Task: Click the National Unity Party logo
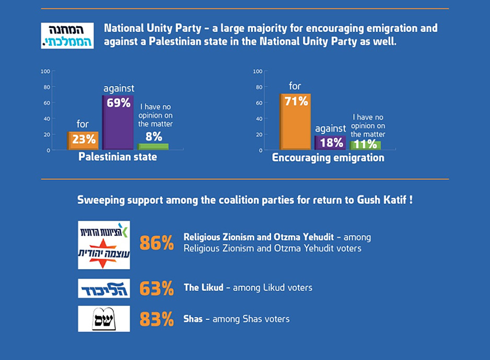(x=67, y=36)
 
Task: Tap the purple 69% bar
(x=118, y=122)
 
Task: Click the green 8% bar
(x=153, y=146)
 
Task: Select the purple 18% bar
(x=330, y=143)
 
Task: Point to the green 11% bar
(x=366, y=145)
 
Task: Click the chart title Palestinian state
(x=118, y=157)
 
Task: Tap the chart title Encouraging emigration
(x=328, y=158)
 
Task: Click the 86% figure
(x=157, y=243)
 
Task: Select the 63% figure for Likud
(x=157, y=288)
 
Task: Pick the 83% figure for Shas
(x=157, y=319)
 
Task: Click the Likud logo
(x=104, y=288)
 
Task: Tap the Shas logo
(x=104, y=319)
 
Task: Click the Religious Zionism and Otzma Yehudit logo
(x=104, y=245)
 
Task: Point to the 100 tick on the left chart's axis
(x=45, y=72)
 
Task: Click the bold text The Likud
(x=204, y=288)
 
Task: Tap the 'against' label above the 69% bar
(x=119, y=89)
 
